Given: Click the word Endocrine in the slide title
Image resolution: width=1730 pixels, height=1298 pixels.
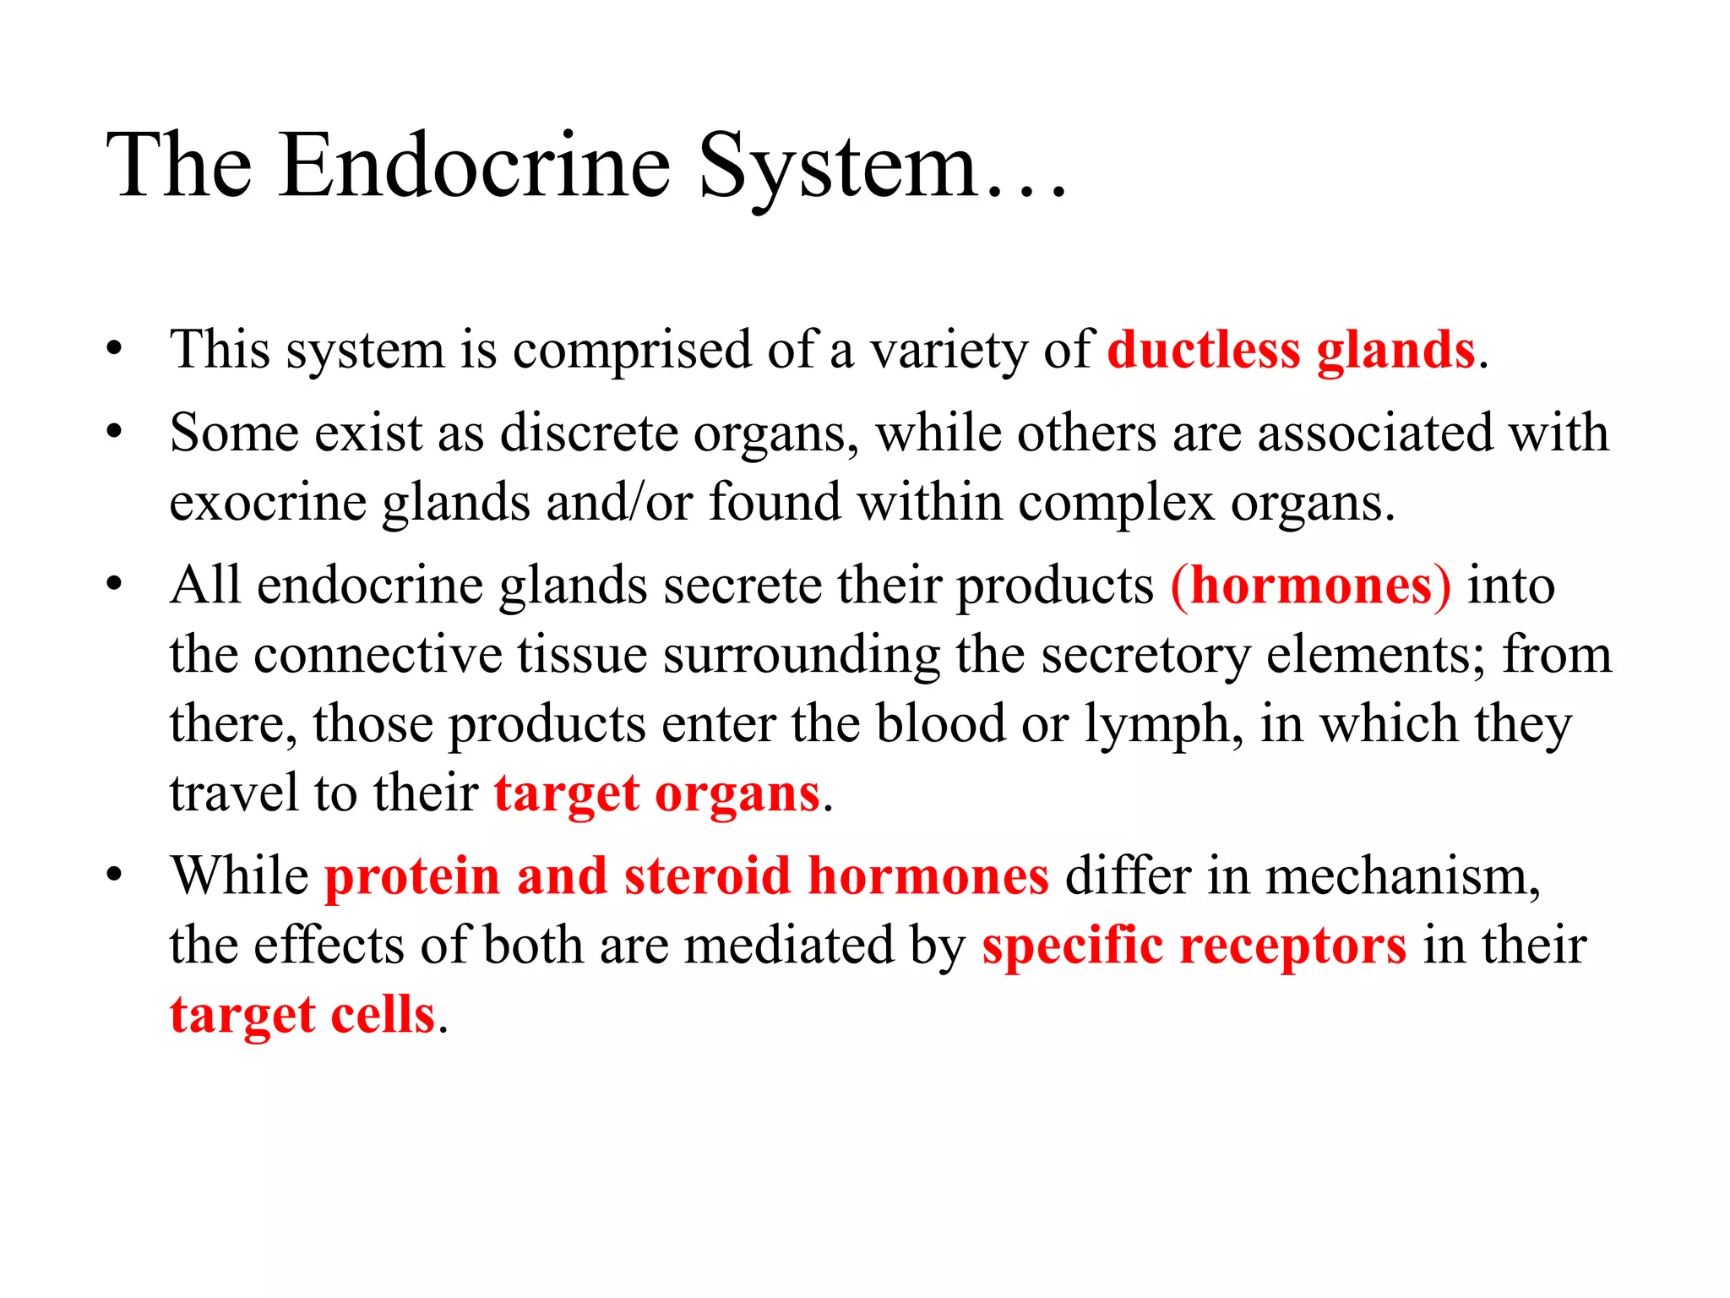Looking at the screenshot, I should (475, 166).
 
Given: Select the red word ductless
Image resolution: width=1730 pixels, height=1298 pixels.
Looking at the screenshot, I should (1204, 351).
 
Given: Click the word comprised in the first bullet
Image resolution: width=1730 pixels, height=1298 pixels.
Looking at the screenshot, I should (632, 351).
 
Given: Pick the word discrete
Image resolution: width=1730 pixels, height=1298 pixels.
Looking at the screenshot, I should (589, 434).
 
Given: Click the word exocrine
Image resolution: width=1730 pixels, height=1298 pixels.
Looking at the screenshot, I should (267, 503).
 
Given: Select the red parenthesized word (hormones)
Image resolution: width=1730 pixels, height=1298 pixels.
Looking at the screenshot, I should (1311, 586).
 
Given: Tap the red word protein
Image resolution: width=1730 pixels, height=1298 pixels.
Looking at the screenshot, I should (412, 876).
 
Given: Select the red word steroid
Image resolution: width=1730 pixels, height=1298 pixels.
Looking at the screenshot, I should (707, 876).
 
